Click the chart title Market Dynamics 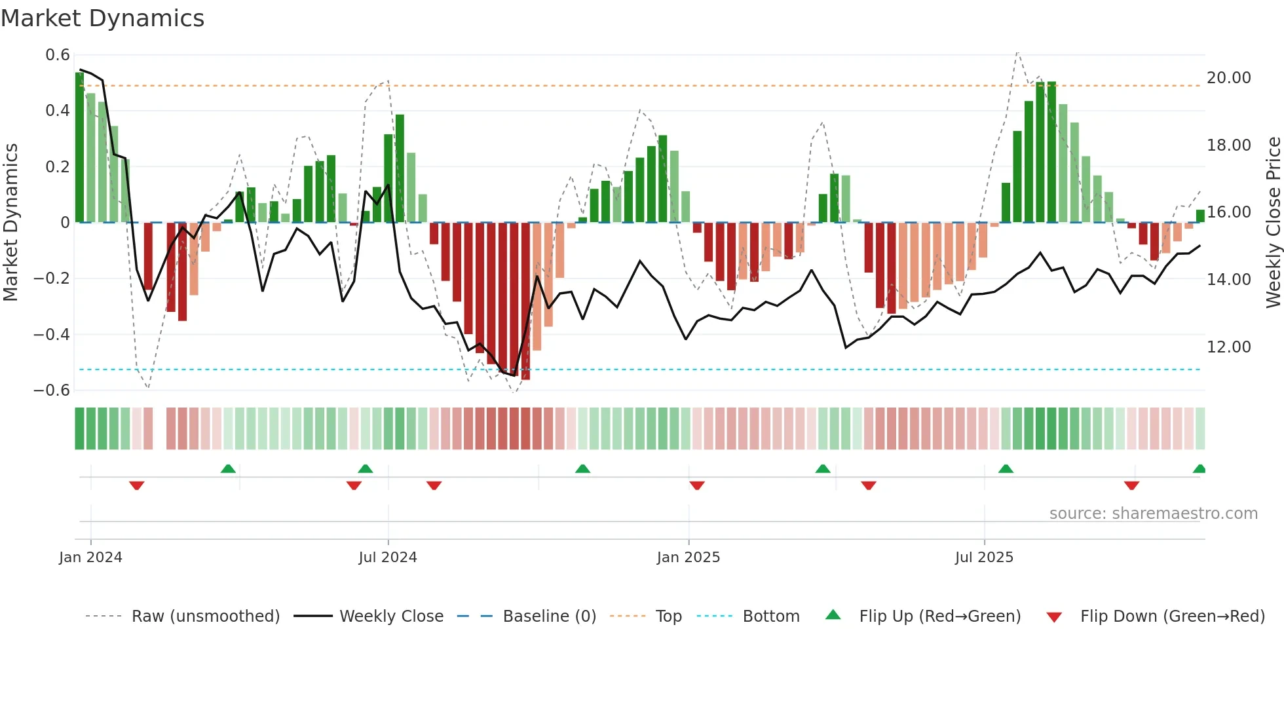click(x=103, y=18)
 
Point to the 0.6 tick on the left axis click(x=58, y=55)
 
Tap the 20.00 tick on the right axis click(x=1228, y=78)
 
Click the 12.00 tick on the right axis click(x=1228, y=347)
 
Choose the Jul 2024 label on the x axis click(x=388, y=558)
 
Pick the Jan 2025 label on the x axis click(x=688, y=558)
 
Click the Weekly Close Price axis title click(x=1273, y=223)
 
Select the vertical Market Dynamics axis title click(x=10, y=223)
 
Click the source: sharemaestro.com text click(x=1153, y=514)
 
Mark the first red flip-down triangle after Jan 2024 click(x=137, y=485)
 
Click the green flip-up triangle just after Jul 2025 click(x=1006, y=468)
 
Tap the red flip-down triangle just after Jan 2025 click(x=697, y=485)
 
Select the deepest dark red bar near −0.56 click(x=525, y=301)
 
